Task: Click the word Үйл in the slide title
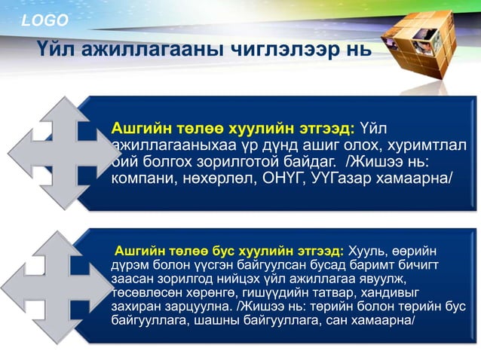coord(54,50)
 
